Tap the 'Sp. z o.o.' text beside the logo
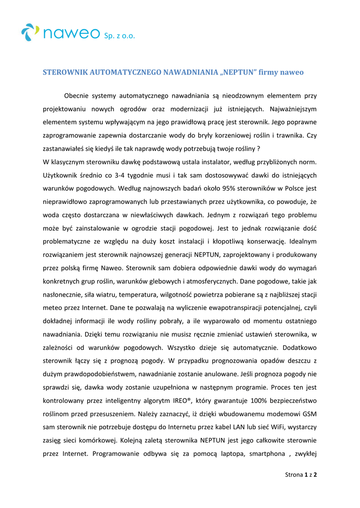tap(119, 36)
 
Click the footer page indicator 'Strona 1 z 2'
tap(301, 475)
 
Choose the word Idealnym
tap(303, 241)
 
